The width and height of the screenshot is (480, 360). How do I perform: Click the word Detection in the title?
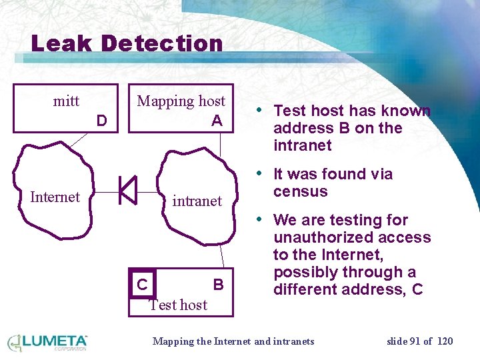pos(162,44)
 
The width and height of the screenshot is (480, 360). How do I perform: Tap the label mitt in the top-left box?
pos(66,101)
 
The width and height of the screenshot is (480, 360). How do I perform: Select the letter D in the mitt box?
pos(101,121)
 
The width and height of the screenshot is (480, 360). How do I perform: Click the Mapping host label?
pos(181,101)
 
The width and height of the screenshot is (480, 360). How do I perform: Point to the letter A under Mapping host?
pos(217,121)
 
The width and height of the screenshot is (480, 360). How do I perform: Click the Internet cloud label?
pos(55,197)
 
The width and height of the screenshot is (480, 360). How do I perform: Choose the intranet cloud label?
pos(197,201)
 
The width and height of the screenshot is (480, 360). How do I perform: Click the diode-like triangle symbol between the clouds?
pos(127,191)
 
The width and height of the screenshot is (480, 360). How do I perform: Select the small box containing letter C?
pos(142,284)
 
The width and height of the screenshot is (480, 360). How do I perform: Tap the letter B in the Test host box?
pos(218,285)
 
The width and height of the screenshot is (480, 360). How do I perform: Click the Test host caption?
pos(178,305)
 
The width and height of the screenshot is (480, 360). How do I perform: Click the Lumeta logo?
pos(47,342)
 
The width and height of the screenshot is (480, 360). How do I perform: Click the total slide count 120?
pos(445,341)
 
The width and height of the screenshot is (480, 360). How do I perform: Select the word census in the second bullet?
pos(301,191)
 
